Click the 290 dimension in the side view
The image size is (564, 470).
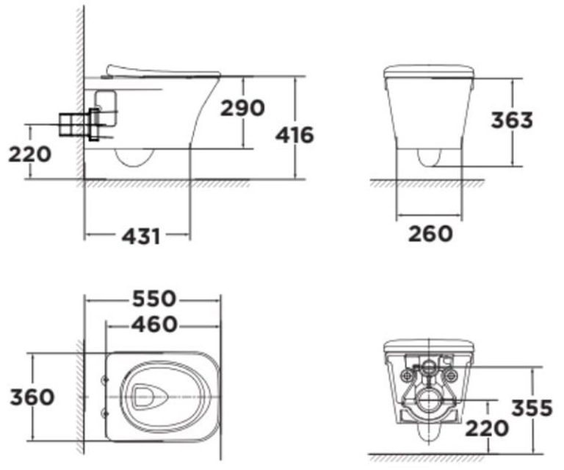point(243,108)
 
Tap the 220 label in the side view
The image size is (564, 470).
point(30,154)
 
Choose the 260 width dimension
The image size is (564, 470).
point(430,234)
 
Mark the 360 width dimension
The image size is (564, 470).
point(32,397)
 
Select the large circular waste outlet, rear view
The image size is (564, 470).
point(428,400)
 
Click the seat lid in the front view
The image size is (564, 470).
point(429,70)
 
